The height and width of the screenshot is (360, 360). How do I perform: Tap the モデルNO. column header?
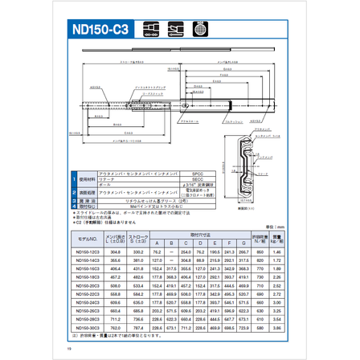click(85, 239)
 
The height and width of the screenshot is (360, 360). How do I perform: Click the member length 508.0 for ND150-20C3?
click(115, 283)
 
